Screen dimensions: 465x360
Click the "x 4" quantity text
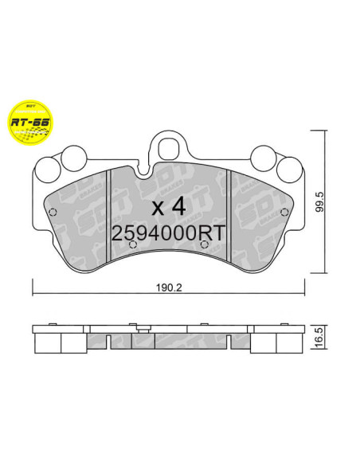click(168, 207)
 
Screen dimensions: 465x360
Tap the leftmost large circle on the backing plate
click(48, 167)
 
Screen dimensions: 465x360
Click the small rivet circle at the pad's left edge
click(53, 212)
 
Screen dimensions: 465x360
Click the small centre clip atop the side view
click(140, 326)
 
